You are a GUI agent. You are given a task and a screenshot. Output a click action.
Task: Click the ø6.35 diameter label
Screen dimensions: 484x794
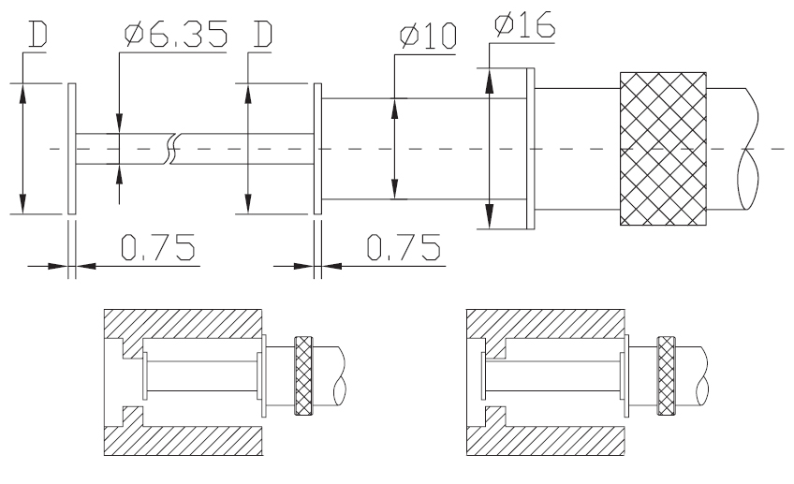click(x=176, y=37)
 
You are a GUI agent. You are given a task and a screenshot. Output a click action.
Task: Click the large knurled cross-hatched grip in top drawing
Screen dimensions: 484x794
click(x=663, y=149)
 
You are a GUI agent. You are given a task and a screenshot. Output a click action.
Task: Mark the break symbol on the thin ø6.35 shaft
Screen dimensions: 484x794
click(x=171, y=149)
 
